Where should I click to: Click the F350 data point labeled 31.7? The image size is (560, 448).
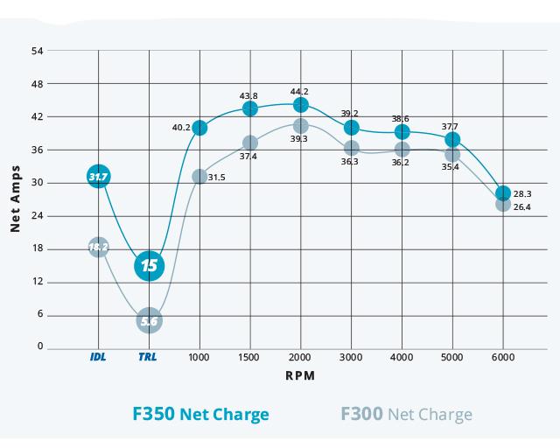click(98, 177)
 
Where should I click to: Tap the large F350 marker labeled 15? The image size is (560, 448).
click(150, 265)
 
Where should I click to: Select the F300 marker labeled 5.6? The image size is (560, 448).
click(150, 321)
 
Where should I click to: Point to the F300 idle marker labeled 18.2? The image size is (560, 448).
click(98, 247)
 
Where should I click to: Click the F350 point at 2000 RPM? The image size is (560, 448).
click(301, 105)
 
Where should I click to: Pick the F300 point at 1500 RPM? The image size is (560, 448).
click(250, 143)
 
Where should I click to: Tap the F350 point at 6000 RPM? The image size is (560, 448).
click(503, 193)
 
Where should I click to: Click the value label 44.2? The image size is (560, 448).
click(300, 91)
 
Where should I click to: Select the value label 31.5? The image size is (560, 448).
click(217, 178)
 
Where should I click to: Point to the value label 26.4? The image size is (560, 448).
click(521, 207)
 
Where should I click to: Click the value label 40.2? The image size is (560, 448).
click(181, 128)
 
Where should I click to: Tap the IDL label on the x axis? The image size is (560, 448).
click(98, 358)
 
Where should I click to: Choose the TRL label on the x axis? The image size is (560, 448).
click(149, 358)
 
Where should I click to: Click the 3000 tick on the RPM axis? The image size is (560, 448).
click(352, 358)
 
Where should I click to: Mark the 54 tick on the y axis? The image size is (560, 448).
click(37, 51)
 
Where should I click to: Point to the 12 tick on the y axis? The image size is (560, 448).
click(37, 281)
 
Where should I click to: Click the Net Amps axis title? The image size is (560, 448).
click(15, 199)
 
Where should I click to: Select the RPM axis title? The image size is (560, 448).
click(300, 375)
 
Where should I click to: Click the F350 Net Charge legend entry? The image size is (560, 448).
click(200, 414)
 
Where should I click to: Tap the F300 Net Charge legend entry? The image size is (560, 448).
click(405, 414)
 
